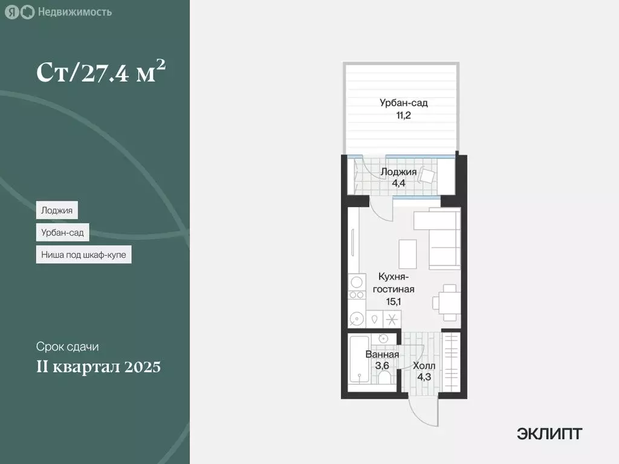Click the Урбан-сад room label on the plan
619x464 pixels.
tap(404, 103)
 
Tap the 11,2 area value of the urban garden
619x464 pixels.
tap(404, 115)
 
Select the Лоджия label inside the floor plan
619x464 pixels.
tap(398, 172)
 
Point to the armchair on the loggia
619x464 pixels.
tap(427, 176)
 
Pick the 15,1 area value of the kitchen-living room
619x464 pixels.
tap(397, 301)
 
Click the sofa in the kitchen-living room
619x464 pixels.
tap(444, 239)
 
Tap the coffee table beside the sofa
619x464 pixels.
tap(407, 253)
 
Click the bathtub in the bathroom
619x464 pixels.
tap(357, 360)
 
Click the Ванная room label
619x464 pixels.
tap(382, 355)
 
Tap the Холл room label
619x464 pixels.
tap(423, 366)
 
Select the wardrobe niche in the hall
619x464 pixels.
tap(451, 362)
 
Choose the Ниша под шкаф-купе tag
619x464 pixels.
tap(83, 255)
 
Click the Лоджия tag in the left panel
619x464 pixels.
tap(57, 210)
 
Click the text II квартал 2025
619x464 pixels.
tap(98, 367)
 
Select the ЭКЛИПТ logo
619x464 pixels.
tap(549, 433)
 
